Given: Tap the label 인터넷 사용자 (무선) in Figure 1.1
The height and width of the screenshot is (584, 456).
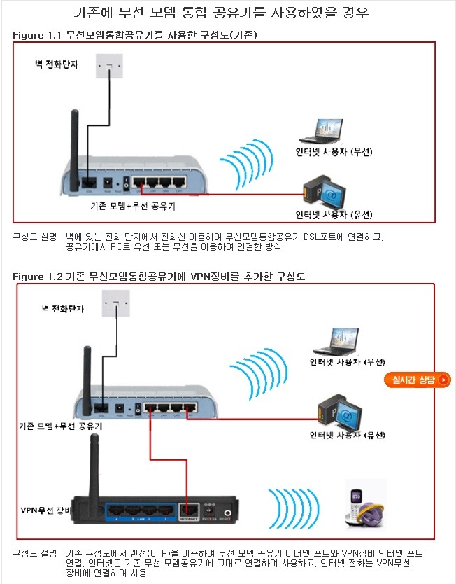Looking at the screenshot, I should (x=333, y=152).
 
